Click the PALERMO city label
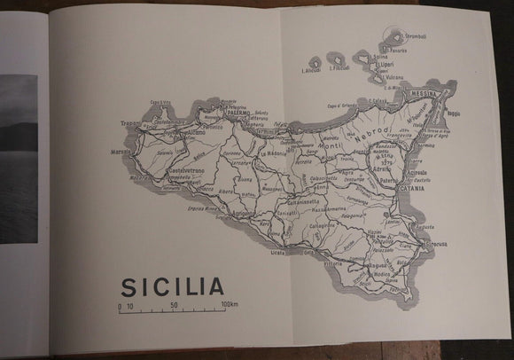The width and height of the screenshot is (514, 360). [236, 113]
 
